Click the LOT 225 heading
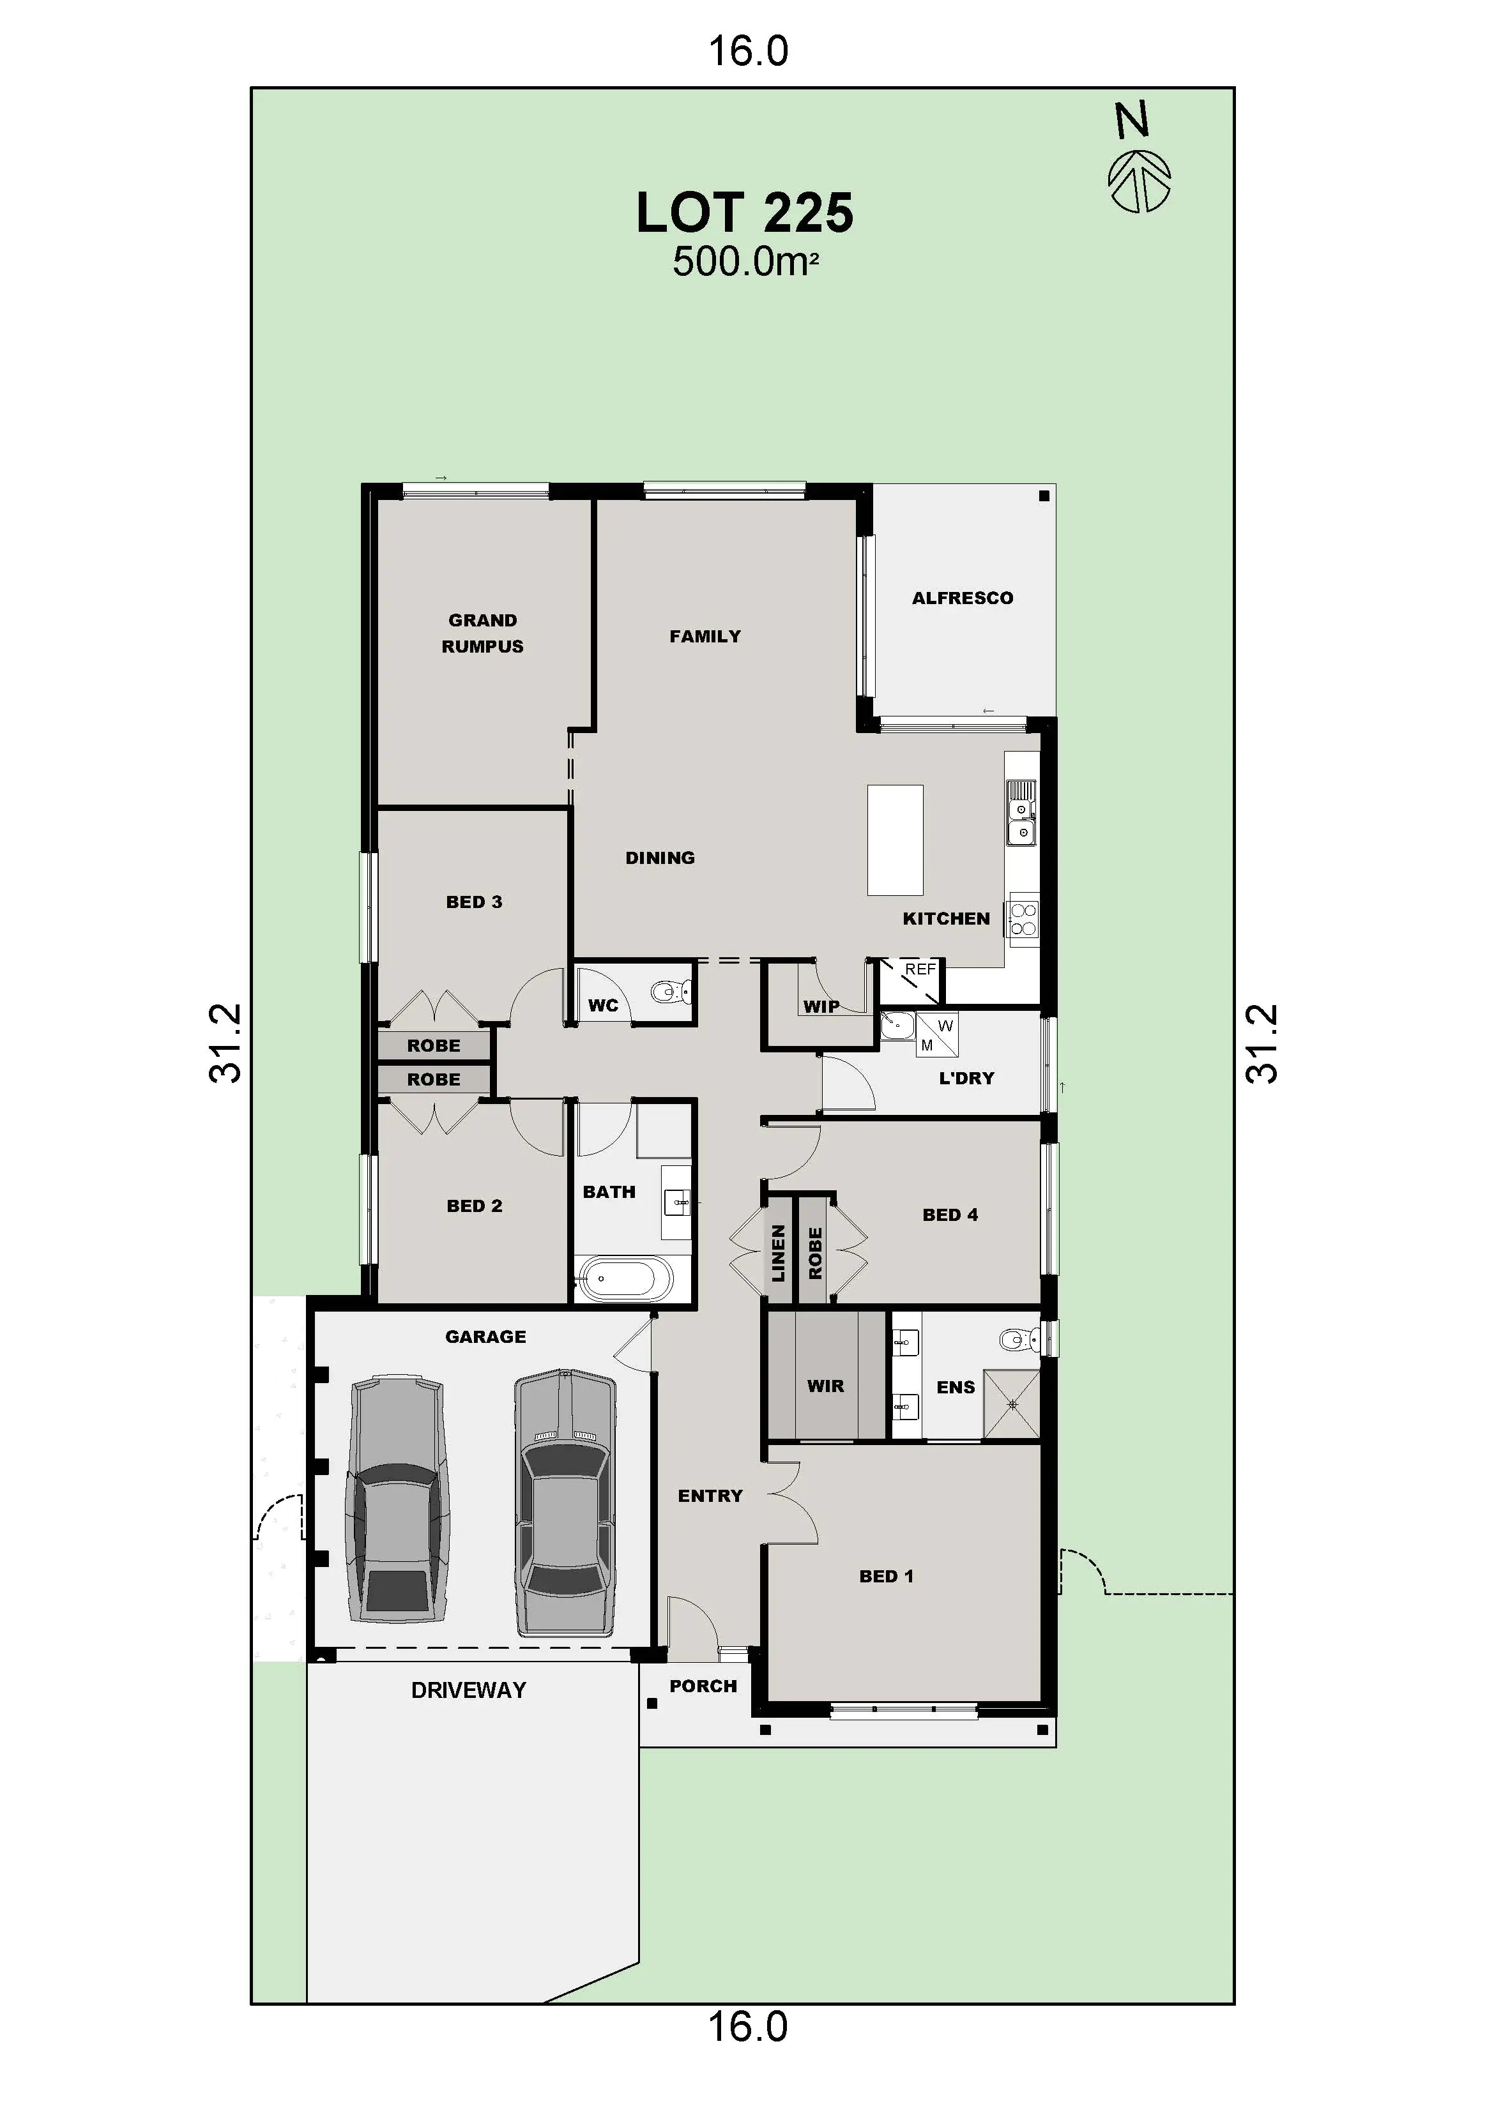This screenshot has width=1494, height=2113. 745,213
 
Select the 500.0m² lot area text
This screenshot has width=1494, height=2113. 745,262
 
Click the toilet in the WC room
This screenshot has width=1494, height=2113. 671,991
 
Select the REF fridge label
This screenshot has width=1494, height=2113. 920,969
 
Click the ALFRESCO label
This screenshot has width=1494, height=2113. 962,598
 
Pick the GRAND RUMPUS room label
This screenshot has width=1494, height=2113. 482,633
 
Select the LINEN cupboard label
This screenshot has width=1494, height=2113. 779,1252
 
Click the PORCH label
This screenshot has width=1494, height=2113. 703,1686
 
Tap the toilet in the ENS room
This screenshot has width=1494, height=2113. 1017,1338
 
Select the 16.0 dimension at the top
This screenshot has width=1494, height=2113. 747,52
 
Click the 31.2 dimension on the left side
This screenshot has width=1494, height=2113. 225,1043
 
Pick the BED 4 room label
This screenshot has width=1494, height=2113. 950,1215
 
